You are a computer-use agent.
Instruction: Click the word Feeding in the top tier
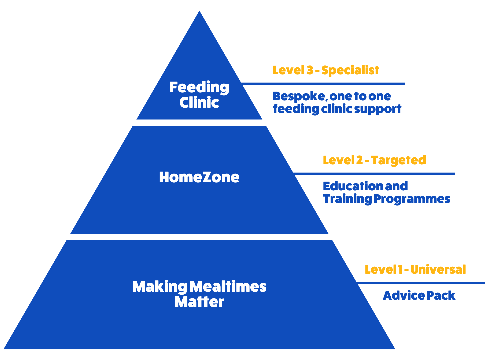(199, 88)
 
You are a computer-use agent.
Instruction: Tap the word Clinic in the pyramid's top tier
(199, 102)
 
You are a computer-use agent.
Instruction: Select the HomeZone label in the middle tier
(199, 177)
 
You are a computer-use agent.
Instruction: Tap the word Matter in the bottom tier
(199, 302)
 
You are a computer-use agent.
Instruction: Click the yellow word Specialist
(350, 71)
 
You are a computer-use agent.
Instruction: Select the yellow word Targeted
(398, 161)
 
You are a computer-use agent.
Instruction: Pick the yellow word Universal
(438, 270)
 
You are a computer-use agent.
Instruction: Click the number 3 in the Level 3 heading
(309, 70)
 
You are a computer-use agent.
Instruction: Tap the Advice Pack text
(419, 296)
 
